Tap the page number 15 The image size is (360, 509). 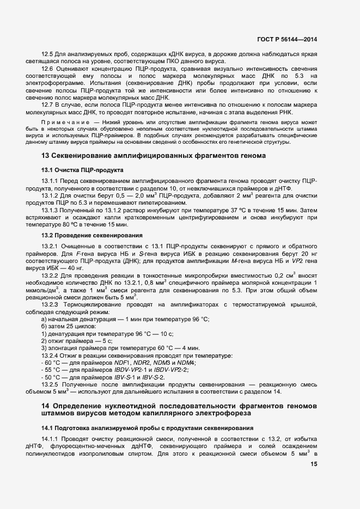click(314, 464)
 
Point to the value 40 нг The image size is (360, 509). click(75, 268)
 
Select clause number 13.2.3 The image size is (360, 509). click(52, 304)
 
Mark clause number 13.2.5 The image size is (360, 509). click(52, 384)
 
